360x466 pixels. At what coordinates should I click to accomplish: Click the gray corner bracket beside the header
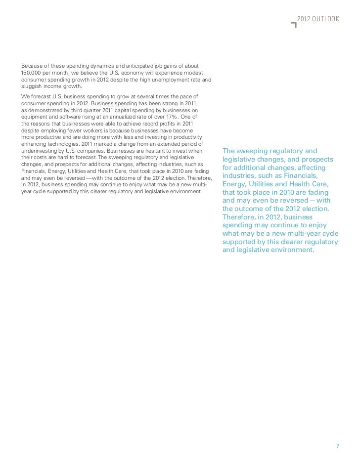coord(295,25)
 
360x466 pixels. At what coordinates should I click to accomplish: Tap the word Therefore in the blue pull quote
coord(241,217)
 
